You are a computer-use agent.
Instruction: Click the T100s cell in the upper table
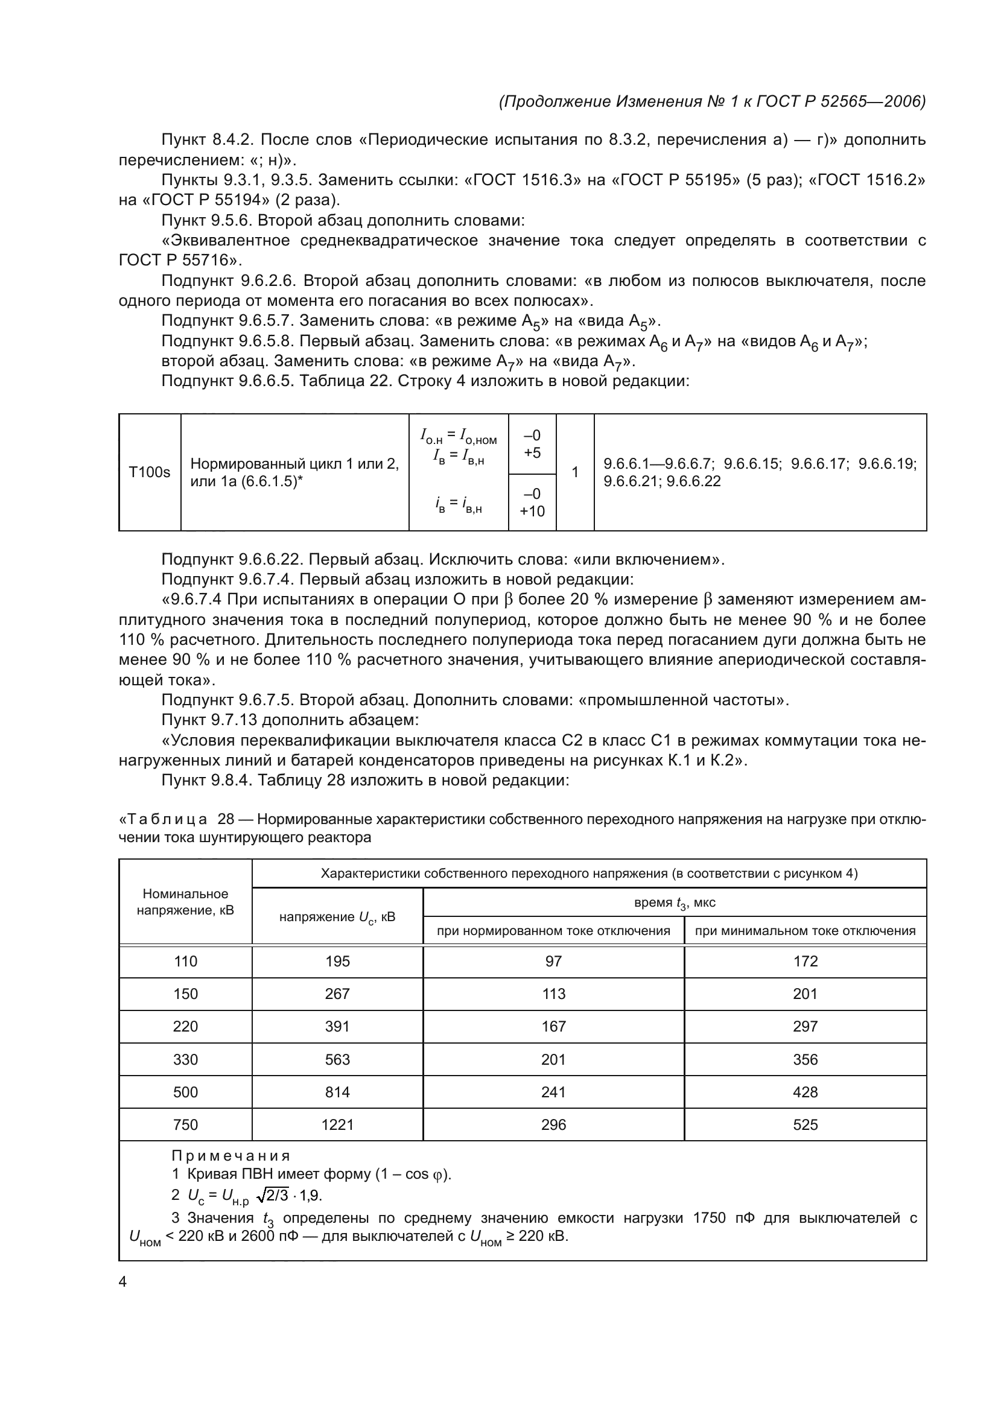tap(149, 472)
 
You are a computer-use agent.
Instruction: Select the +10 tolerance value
tap(532, 512)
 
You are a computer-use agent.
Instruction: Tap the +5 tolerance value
tap(532, 453)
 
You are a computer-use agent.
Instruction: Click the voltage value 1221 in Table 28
tap(337, 1124)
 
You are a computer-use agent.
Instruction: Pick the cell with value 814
tap(337, 1092)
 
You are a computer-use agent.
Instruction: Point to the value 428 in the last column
tap(805, 1092)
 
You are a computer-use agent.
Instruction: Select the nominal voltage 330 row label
tap(185, 1059)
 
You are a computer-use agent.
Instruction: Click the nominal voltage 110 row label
tap(185, 961)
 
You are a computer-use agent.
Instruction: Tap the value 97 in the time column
tap(553, 961)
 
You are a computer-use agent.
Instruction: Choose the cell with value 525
tap(805, 1124)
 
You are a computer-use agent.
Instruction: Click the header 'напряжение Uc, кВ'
tap(337, 918)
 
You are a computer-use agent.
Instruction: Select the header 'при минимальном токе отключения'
tap(805, 931)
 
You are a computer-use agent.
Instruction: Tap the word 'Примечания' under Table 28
tap(230, 1156)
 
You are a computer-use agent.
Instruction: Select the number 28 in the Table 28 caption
tap(226, 819)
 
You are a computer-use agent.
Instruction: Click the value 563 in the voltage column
tap(337, 1059)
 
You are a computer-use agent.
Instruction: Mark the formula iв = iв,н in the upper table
tap(459, 504)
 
